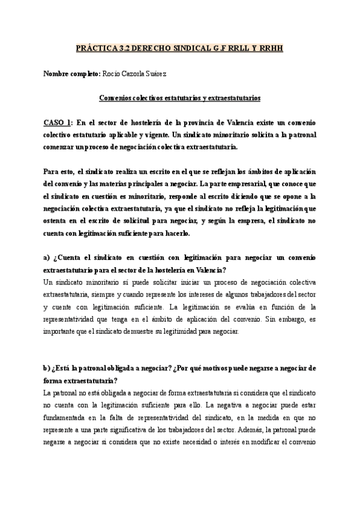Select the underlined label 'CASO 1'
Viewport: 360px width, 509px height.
coord(58,122)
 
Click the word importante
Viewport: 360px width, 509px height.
coord(61,331)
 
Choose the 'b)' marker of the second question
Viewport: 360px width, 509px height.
coord(47,368)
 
